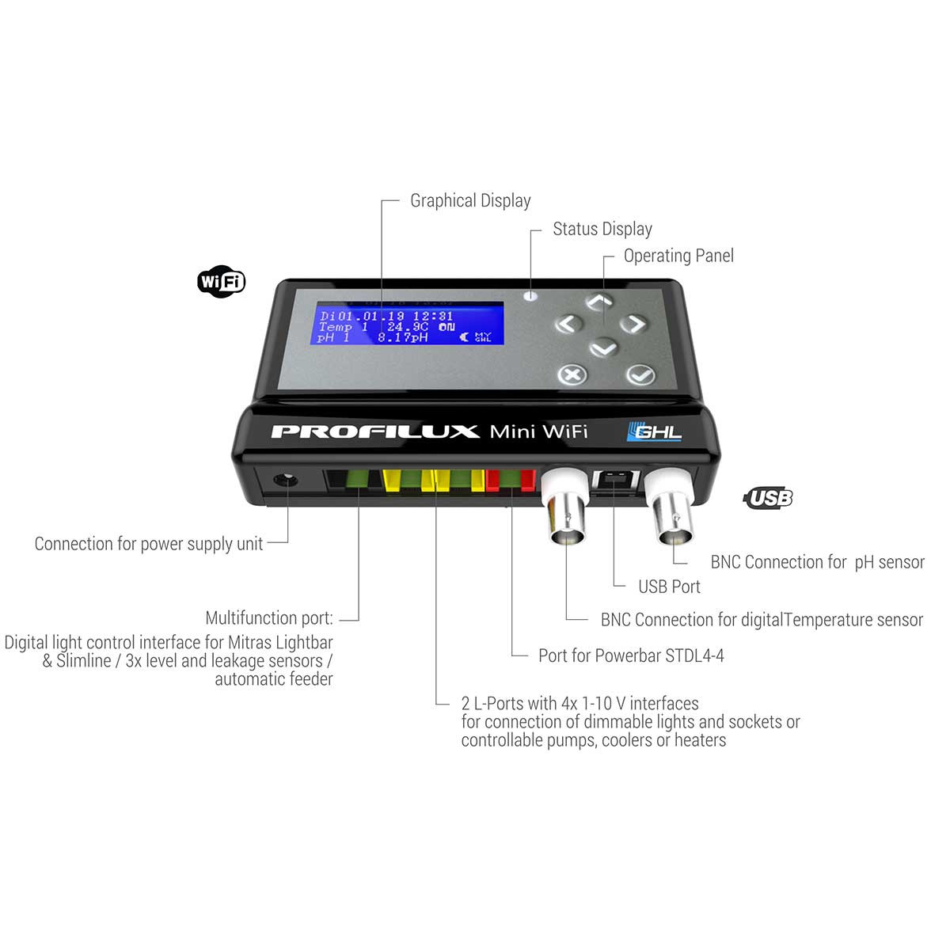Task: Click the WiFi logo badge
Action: (x=221, y=281)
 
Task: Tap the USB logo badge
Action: (x=768, y=498)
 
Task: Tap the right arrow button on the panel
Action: (x=633, y=324)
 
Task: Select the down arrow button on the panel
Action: (x=603, y=348)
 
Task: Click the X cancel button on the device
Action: (x=572, y=374)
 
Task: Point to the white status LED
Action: (x=531, y=296)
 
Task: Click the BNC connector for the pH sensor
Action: (x=673, y=515)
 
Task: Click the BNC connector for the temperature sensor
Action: (x=566, y=515)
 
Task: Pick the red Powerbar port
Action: (x=511, y=480)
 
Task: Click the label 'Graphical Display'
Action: (x=470, y=201)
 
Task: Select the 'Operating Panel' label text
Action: (x=678, y=256)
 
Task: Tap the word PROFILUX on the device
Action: (x=375, y=431)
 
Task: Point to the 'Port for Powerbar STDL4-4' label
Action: (x=631, y=655)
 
